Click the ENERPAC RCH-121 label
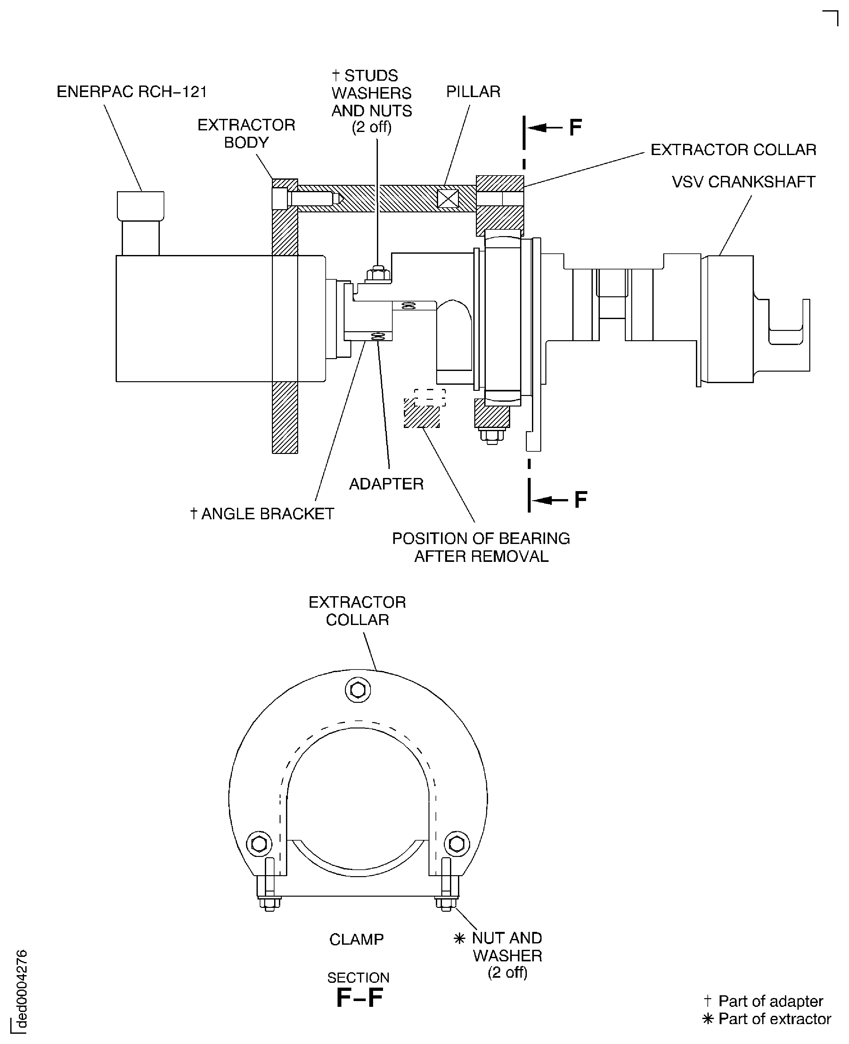(x=132, y=92)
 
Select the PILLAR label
(x=473, y=92)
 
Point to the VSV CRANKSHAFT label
(x=743, y=182)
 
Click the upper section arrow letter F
(x=575, y=128)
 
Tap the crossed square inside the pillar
(x=448, y=199)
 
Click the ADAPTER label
(x=386, y=484)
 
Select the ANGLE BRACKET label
(x=262, y=514)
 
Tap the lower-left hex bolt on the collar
(x=259, y=844)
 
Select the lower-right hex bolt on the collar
(x=457, y=844)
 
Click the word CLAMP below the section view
(x=356, y=939)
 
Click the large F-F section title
(x=359, y=998)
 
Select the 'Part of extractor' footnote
(x=766, y=1019)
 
